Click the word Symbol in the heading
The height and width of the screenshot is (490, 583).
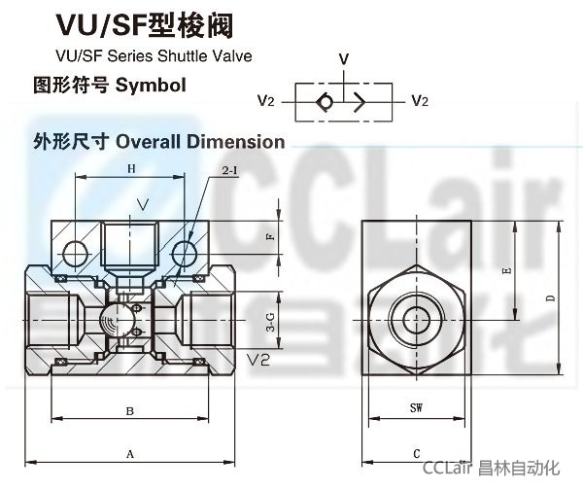(150, 85)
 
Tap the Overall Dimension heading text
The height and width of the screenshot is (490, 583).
(200, 142)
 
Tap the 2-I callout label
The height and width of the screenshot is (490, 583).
(230, 172)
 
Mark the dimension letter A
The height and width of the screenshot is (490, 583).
(129, 454)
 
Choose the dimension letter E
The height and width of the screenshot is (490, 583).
(506, 273)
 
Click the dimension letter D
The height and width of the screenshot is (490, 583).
(550, 298)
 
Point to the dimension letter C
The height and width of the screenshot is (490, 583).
(415, 454)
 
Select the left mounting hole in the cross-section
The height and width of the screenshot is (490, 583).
(75, 255)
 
